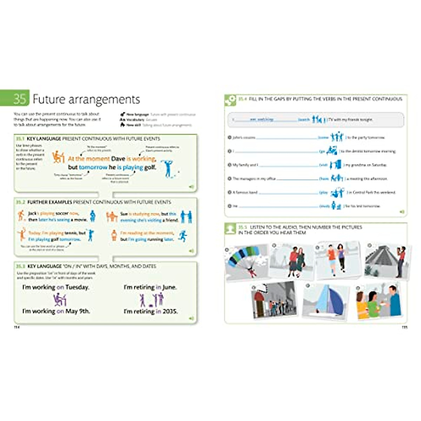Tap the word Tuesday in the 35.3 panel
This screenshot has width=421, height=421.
click(78, 287)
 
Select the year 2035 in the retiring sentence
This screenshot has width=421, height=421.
click(169, 311)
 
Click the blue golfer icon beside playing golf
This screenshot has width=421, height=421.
click(168, 168)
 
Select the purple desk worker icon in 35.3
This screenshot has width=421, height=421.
click(60, 299)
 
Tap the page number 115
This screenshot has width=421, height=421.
click(404, 327)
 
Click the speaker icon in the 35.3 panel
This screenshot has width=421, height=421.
click(191, 318)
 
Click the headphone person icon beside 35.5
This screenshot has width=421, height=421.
click(230, 229)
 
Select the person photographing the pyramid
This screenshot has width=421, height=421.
click(401, 260)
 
